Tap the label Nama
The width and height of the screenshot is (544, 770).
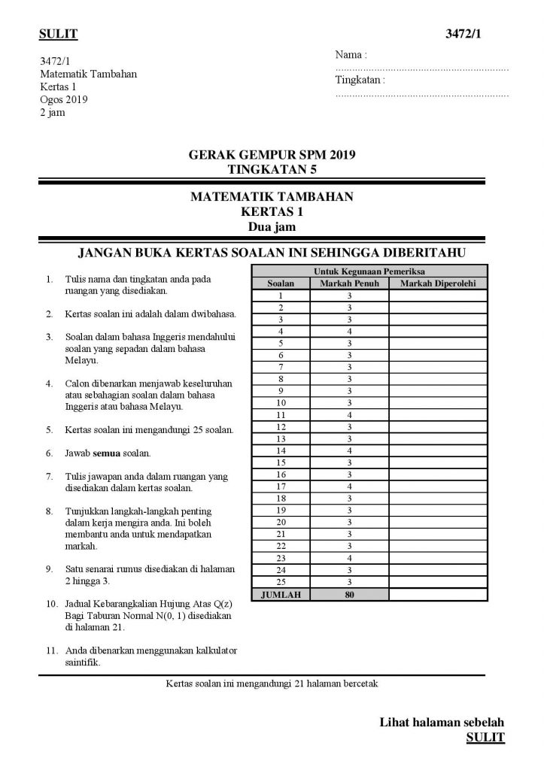(350, 56)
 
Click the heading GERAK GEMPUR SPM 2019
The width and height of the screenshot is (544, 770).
(272, 156)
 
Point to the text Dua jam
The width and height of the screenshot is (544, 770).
(271, 224)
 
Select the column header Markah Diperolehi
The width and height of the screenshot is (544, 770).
(438, 283)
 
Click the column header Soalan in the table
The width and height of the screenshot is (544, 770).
(281, 283)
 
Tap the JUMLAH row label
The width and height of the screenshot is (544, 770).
(281, 594)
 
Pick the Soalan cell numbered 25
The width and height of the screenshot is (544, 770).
(281, 581)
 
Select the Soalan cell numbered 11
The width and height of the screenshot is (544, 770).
(281, 414)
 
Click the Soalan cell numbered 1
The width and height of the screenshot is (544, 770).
(281, 296)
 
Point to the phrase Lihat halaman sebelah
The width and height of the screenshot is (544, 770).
(442, 723)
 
